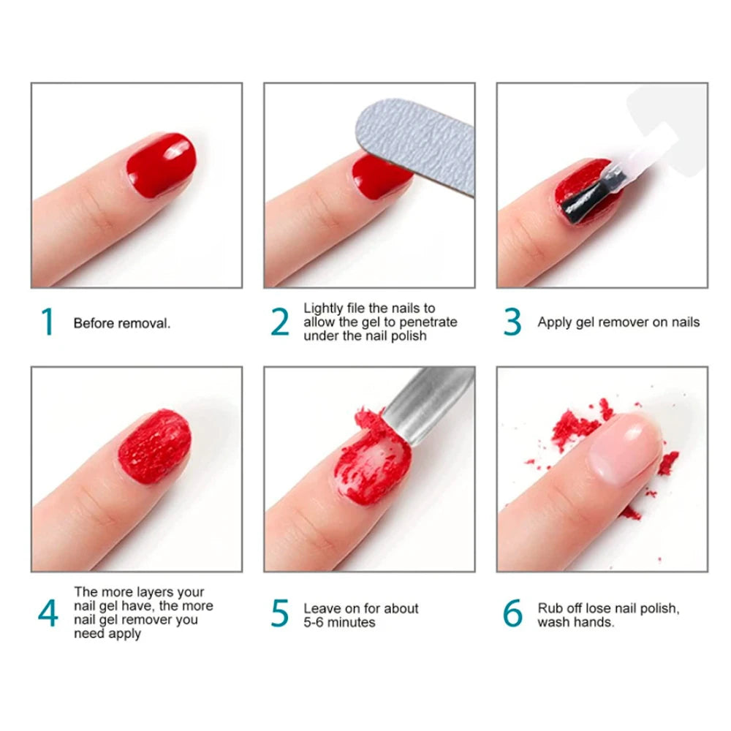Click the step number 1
pos(48,322)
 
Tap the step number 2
pos(280,322)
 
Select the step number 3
pos(513,322)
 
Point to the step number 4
pos(48,614)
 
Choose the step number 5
pos(280,614)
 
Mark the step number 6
pos(513,614)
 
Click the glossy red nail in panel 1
pos(160,164)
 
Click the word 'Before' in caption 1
pos(92,323)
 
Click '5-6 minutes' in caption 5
pos(340,622)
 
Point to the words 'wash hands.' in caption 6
pos(576,622)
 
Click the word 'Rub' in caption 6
pos(550,608)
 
